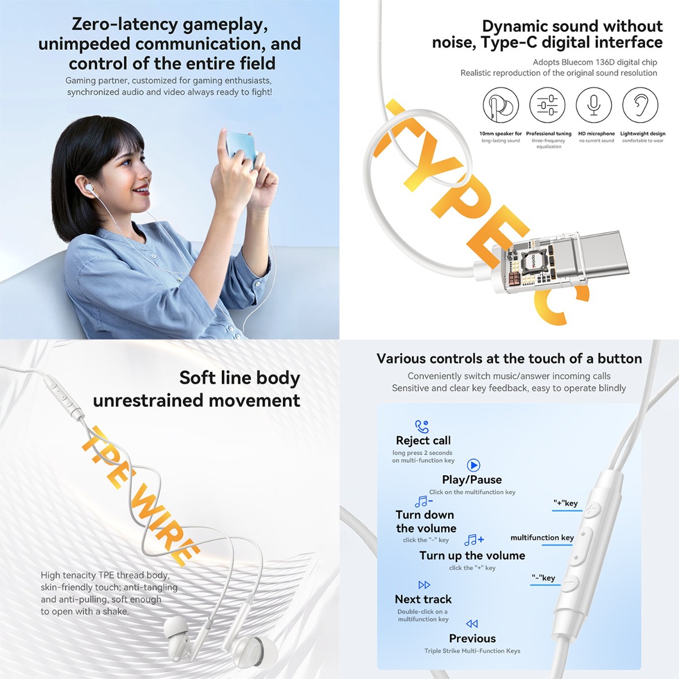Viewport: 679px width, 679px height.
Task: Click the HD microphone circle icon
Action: click(x=594, y=105)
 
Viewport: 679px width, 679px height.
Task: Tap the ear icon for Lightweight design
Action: click(x=640, y=105)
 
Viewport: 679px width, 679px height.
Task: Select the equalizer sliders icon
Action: click(x=547, y=105)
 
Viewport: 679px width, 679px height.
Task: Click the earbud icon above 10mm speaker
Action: click(x=501, y=105)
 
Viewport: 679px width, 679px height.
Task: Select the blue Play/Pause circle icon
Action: click(x=473, y=465)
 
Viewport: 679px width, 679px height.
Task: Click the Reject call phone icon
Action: click(x=422, y=427)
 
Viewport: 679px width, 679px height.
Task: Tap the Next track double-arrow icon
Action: click(x=424, y=585)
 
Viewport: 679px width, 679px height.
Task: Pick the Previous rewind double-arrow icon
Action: click(x=472, y=624)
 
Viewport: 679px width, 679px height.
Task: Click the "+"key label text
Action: click(x=565, y=503)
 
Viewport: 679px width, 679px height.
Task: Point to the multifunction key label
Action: click(x=542, y=538)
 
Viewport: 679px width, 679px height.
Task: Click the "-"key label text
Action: click(x=543, y=578)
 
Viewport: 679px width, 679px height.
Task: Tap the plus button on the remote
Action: click(x=592, y=509)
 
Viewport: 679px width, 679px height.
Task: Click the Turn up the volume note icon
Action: click(x=474, y=539)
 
